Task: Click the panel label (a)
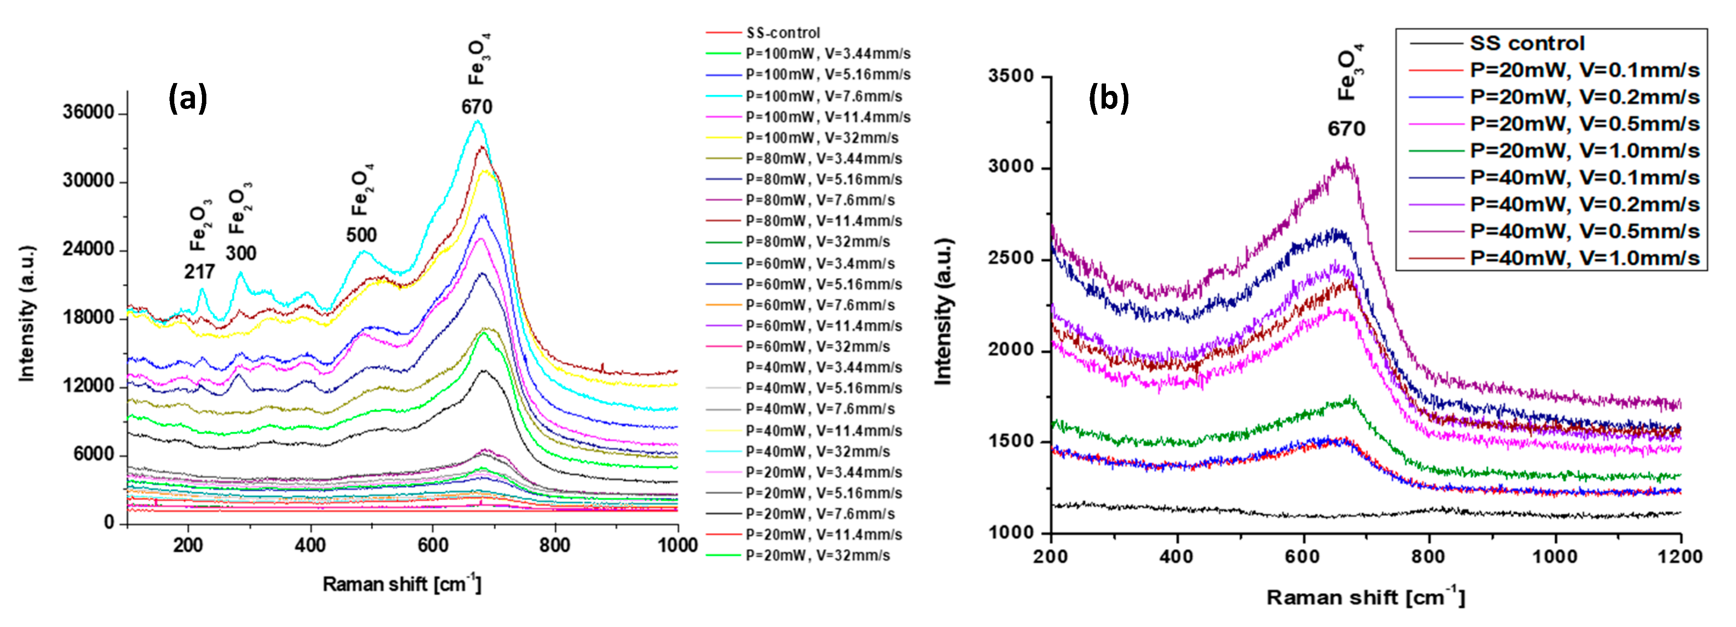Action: [187, 98]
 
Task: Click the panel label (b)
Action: [1109, 98]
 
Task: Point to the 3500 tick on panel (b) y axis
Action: [1011, 76]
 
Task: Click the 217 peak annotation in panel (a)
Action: [199, 272]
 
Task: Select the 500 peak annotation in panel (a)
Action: [361, 235]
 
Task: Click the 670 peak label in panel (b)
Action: [1346, 129]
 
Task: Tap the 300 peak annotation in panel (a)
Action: [241, 254]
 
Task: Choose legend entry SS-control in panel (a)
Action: [783, 33]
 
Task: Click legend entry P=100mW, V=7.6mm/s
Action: [824, 96]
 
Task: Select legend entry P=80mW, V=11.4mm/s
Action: [824, 221]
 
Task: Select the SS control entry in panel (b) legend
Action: [1527, 43]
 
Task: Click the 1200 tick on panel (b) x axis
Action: [1680, 556]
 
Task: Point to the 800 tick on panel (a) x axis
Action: [555, 545]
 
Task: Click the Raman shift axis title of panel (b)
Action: [1365, 597]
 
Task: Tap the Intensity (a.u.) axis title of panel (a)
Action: [26, 314]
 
